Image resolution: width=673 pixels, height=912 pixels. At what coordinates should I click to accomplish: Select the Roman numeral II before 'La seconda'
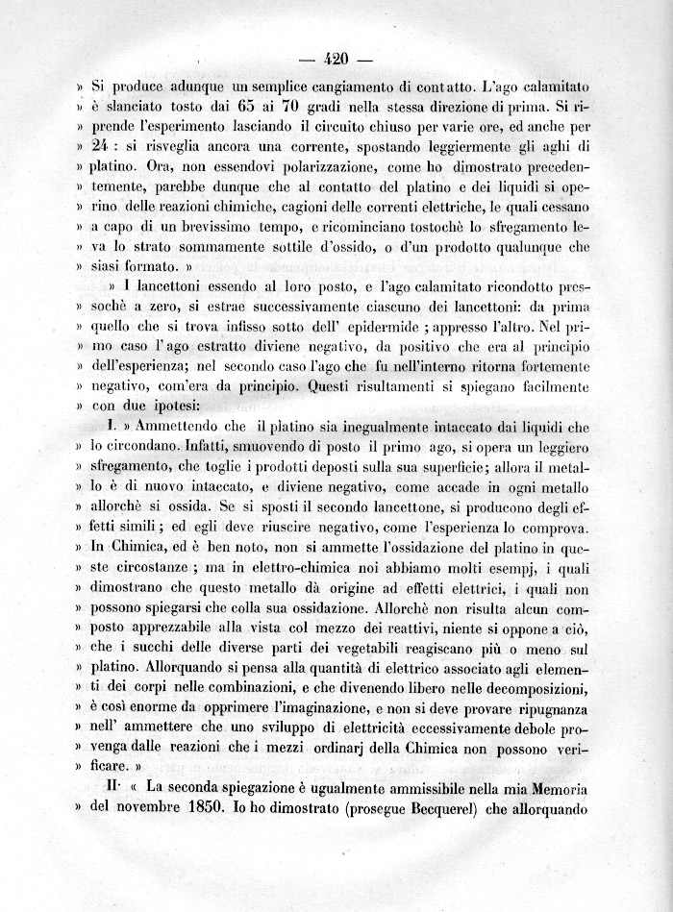112,787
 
